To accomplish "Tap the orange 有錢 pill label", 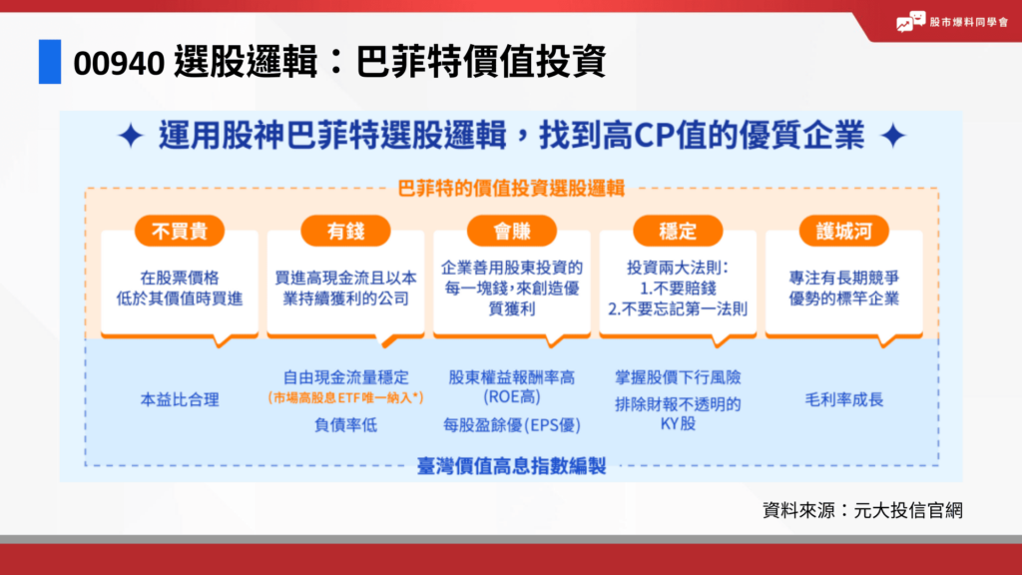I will (345, 232).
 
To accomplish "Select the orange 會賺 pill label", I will (512, 232).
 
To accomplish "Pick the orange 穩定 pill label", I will (678, 232).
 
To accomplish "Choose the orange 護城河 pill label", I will (843, 232).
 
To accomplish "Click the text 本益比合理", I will (180, 399).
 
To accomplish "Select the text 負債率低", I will (345, 424).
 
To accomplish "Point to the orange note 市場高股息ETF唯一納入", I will (345, 397).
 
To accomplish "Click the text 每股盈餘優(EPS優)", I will (512, 424).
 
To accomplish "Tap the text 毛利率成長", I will (843, 399).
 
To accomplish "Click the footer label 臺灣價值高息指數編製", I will (512, 465).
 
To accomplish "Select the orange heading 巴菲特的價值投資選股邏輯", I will (512, 188).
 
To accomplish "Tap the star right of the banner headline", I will (895, 137).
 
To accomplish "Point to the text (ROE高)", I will (512, 396).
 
